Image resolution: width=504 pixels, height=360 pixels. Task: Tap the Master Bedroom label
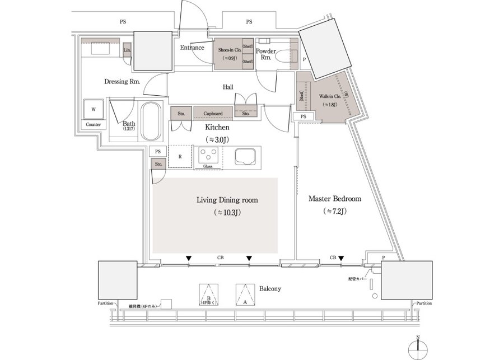(x=335, y=199)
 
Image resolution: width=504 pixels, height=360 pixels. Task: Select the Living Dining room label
(x=227, y=200)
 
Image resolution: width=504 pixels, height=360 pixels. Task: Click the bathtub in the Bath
(x=150, y=121)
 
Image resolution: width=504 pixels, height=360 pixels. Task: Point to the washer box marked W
(x=94, y=109)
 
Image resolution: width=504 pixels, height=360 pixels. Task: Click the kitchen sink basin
(x=245, y=156)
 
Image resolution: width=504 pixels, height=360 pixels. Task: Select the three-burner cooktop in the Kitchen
(x=209, y=155)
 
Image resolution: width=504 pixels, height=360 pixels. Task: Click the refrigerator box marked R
(x=179, y=157)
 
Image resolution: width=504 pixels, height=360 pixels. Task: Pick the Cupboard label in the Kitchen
(x=213, y=114)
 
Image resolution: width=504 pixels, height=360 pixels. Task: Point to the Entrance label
(x=192, y=48)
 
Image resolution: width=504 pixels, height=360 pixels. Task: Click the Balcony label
(x=269, y=288)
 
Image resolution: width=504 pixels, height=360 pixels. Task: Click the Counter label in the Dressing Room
(x=94, y=124)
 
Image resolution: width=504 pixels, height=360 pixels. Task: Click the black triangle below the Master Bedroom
(x=340, y=259)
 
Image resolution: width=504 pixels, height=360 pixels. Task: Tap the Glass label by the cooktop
(x=207, y=166)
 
